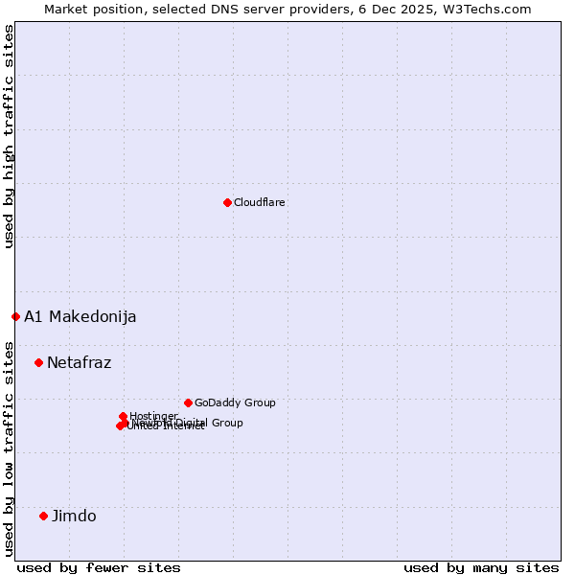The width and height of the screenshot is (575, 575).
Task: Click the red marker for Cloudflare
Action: pyautogui.click(x=227, y=202)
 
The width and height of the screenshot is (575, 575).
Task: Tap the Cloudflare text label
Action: pyautogui.click(x=260, y=202)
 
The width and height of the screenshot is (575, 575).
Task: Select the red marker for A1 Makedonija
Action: pyautogui.click(x=15, y=316)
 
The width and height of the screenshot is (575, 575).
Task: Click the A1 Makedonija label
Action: pyautogui.click(x=80, y=317)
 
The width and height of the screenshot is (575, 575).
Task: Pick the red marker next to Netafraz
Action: pyautogui.click(x=38, y=362)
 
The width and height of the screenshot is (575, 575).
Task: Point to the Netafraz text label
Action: pyautogui.click(x=80, y=363)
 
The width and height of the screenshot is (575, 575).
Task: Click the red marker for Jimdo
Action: pyautogui.click(x=43, y=516)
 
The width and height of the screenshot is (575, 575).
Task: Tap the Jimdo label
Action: pyautogui.click(x=74, y=517)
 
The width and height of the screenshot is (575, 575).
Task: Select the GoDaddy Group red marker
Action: pyautogui.click(x=188, y=402)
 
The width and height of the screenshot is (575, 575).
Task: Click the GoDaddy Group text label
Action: pyautogui.click(x=235, y=402)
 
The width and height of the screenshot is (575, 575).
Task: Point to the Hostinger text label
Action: pyautogui.click(x=154, y=415)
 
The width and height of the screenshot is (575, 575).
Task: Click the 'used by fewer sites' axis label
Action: pyautogui.click(x=99, y=567)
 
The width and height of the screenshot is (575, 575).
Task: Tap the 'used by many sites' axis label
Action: pyautogui.click(x=481, y=567)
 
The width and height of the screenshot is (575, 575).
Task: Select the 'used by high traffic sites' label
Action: pyautogui.click(x=9, y=136)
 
